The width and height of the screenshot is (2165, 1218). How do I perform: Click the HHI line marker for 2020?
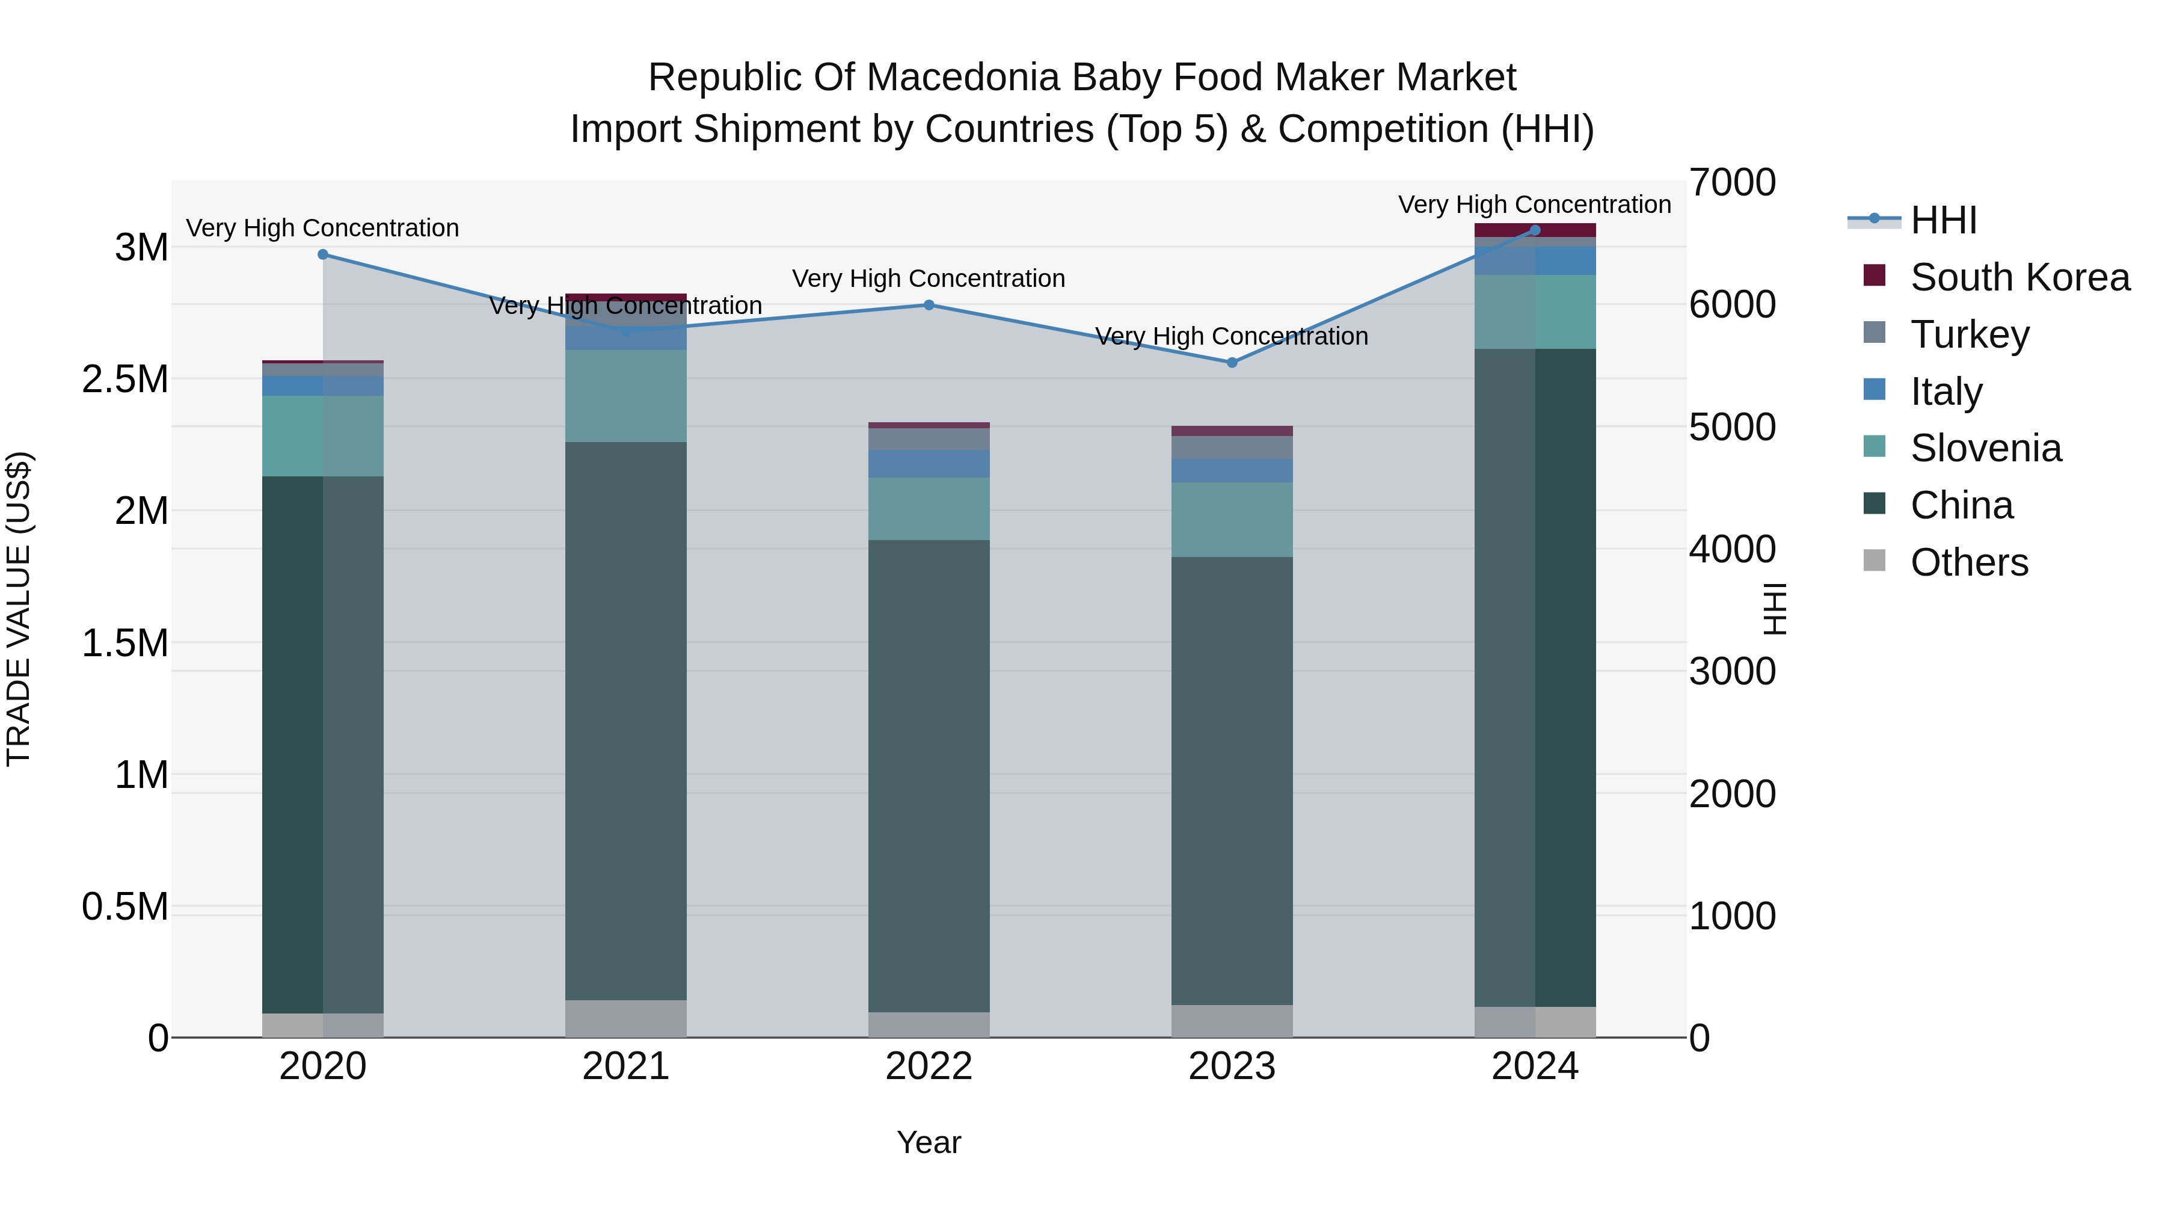(323, 254)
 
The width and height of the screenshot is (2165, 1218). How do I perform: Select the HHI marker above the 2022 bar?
(929, 305)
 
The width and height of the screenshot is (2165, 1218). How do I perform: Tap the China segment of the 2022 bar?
(929, 774)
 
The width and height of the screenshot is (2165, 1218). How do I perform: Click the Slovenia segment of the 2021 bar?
(625, 396)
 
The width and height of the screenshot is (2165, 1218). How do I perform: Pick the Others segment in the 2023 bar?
(1232, 1021)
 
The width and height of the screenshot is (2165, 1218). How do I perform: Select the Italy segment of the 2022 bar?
(929, 464)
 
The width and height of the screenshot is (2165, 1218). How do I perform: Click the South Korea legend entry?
(2019, 277)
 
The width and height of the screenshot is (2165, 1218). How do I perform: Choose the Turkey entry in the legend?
(1969, 334)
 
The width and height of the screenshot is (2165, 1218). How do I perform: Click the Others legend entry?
(1968, 562)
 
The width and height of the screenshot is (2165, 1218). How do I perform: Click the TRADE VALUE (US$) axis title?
(19, 609)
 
